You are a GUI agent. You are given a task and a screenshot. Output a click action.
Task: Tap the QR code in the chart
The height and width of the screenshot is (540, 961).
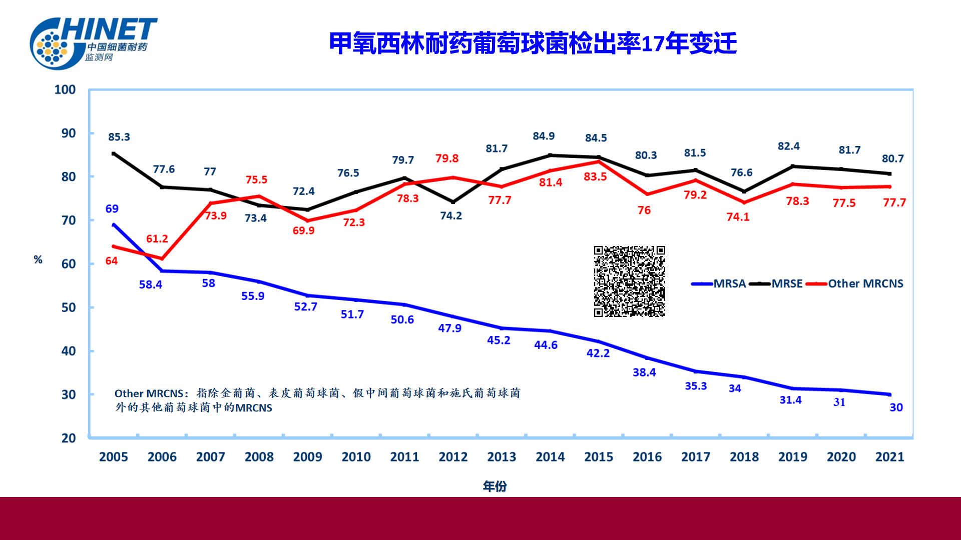coord(629,281)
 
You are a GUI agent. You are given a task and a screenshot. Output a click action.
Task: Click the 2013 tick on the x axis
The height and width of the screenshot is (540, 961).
coord(502,456)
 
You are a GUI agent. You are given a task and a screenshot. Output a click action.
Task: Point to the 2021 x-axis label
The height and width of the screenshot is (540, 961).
coord(889,456)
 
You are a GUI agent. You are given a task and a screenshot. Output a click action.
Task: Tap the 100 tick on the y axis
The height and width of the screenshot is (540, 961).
coord(65,89)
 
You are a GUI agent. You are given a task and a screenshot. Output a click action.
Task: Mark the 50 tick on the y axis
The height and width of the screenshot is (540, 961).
coord(69,307)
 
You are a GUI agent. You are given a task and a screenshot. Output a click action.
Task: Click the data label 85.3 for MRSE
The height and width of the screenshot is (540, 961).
coord(119,137)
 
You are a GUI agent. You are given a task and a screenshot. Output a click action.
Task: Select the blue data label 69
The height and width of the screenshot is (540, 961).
coord(112,209)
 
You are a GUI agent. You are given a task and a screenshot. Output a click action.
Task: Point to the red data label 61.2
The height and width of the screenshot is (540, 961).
coord(157,239)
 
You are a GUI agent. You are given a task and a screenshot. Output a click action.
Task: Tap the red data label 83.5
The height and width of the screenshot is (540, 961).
coord(595,176)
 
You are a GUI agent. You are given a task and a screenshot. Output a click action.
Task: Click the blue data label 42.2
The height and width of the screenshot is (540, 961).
coord(598,353)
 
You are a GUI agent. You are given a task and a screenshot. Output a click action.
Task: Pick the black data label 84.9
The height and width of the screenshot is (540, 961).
coord(544,136)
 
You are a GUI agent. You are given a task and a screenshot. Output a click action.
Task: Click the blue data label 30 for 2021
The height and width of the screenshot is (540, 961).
coord(896,407)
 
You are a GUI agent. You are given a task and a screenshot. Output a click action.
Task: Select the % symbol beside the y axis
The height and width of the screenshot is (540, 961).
coord(38,259)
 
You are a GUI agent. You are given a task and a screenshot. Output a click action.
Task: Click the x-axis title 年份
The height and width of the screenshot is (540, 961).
coord(495,486)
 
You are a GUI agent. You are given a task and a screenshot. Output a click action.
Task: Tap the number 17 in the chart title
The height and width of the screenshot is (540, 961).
coord(653,44)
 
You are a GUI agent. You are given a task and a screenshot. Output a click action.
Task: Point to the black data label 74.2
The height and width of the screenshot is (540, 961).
coord(451,215)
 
